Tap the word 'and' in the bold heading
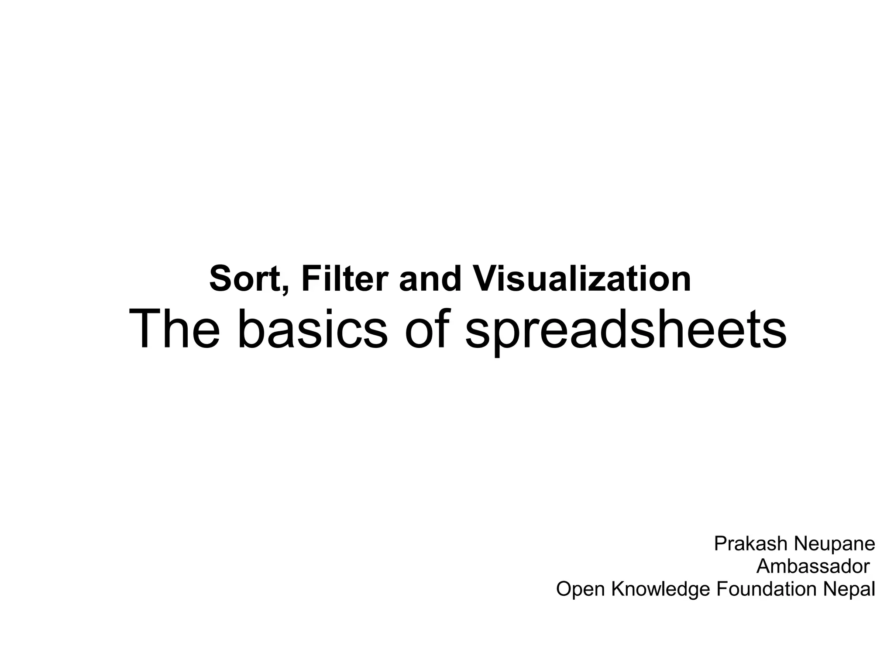(x=430, y=279)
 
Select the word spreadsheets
(x=626, y=331)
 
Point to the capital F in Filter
(x=309, y=279)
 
